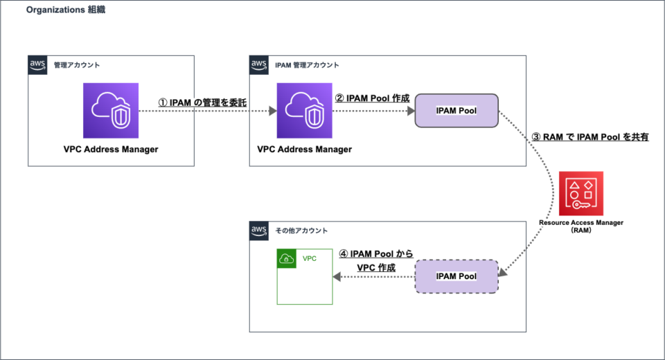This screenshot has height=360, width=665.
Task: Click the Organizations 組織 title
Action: coord(66,11)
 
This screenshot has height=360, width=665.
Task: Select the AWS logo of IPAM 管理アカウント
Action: coord(259,65)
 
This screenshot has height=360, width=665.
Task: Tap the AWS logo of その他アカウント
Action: coord(259,230)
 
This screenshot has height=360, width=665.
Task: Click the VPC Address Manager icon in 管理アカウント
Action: coord(111,111)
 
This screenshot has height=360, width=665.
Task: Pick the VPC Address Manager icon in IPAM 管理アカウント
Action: coord(304,111)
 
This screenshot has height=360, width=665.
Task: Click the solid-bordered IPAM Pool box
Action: coord(456,111)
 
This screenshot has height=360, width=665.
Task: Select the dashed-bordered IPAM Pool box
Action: coord(456,276)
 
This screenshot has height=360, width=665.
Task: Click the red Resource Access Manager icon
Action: coord(582,193)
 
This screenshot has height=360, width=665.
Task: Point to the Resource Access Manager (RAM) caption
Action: coord(582,226)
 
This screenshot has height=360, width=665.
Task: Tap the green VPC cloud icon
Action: coord(287,259)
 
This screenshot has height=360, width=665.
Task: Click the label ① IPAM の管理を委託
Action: coord(203,102)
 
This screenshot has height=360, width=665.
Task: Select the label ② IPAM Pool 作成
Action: coord(372,98)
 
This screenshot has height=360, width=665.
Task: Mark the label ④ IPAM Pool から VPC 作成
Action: coord(375,261)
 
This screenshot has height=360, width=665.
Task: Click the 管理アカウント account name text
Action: coord(77,65)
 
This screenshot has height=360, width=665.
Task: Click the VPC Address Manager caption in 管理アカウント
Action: coord(111,149)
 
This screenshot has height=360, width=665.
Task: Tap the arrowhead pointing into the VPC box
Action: coord(337,276)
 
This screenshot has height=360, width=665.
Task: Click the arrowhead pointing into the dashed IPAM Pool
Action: coord(503,275)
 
